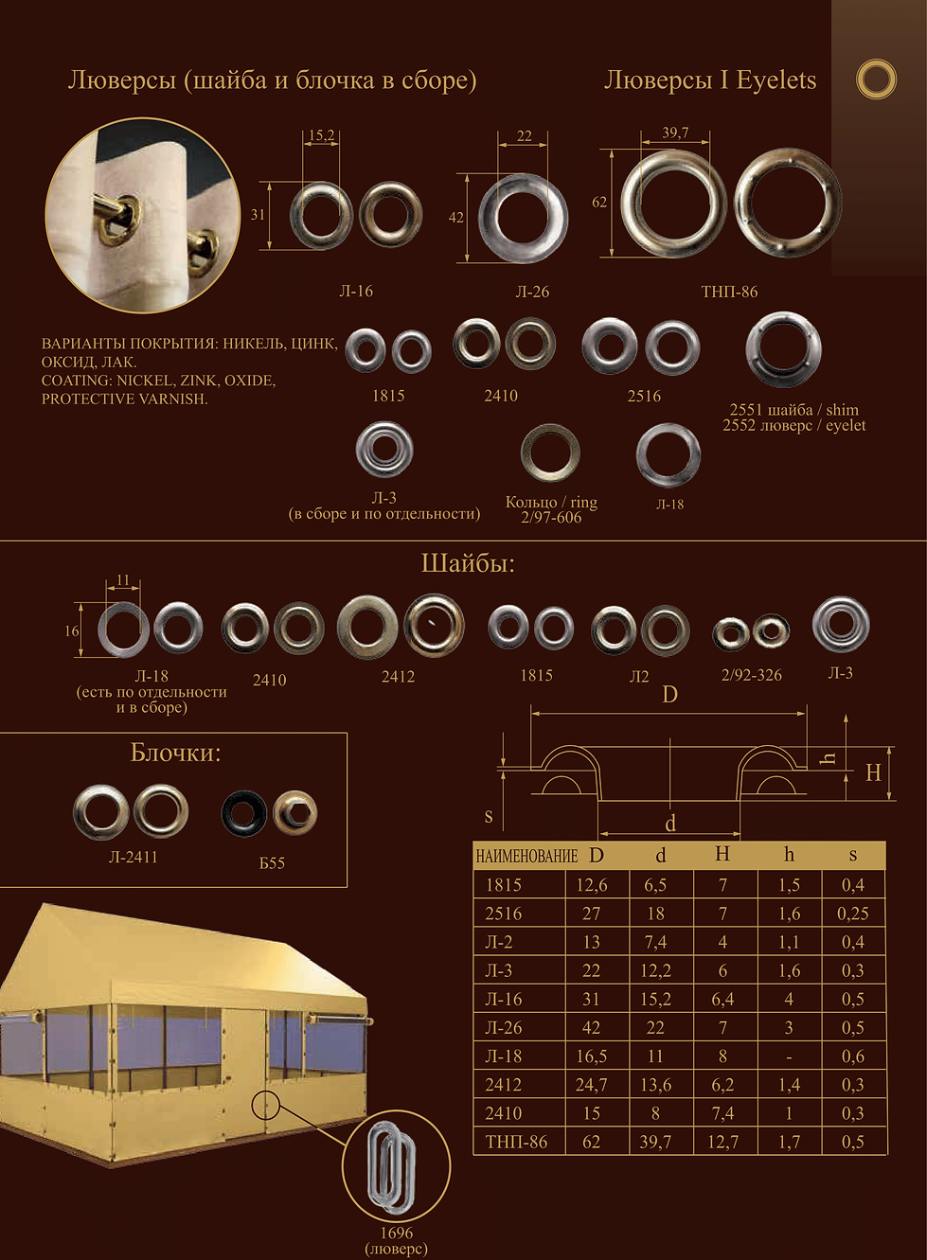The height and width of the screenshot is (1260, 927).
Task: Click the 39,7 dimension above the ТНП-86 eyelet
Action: coord(675,133)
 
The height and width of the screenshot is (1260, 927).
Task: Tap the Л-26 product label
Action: coord(532,292)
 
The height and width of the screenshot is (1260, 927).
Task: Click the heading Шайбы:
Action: coord(468,564)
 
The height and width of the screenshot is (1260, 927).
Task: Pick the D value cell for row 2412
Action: coord(591,1085)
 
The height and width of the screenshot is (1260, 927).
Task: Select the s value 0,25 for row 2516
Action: coord(853,914)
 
